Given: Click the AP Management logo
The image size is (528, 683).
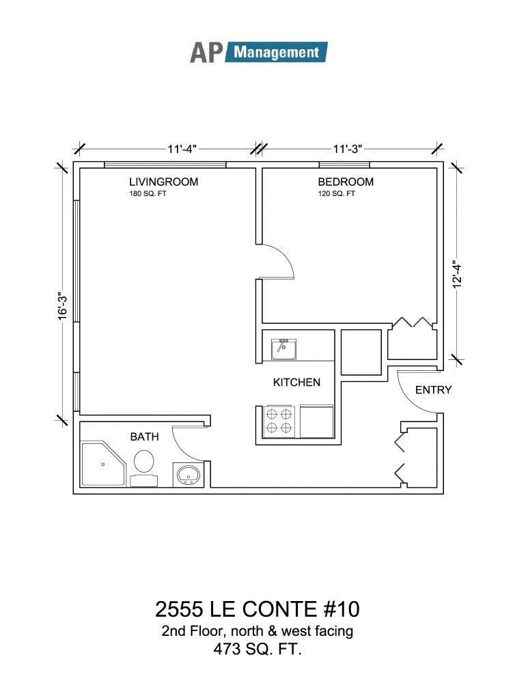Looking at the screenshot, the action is coord(259,53).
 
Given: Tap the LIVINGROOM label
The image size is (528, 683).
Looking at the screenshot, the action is coord(163,182).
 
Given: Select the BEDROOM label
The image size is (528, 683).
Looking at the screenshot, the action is coord(346,182).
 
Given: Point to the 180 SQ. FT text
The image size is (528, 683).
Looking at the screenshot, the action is coord(148,194).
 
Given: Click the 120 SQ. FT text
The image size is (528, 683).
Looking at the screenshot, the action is coord(336,194).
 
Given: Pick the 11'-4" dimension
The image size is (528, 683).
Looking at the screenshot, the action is coord(182,149).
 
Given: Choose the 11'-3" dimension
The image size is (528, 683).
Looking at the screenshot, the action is coord(348,149).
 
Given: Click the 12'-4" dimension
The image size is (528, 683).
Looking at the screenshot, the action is coord(456,274).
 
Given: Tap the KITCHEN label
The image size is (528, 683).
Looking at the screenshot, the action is coord(296,382).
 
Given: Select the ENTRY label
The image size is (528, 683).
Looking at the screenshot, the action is coord(433,390).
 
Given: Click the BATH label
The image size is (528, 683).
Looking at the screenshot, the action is coord(144,436).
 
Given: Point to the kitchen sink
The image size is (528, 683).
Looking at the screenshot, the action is coord(283,349).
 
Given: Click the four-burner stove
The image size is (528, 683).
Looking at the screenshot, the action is coord(279,421).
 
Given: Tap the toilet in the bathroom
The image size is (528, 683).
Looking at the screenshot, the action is coord(143,468).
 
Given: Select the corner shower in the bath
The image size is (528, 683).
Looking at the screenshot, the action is coord(104,464).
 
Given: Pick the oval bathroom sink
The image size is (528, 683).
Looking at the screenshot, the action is coord(189,475).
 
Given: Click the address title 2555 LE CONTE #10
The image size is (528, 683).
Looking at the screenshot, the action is coord(258,609).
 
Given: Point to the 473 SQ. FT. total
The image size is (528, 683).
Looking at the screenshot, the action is coord(258,650).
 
